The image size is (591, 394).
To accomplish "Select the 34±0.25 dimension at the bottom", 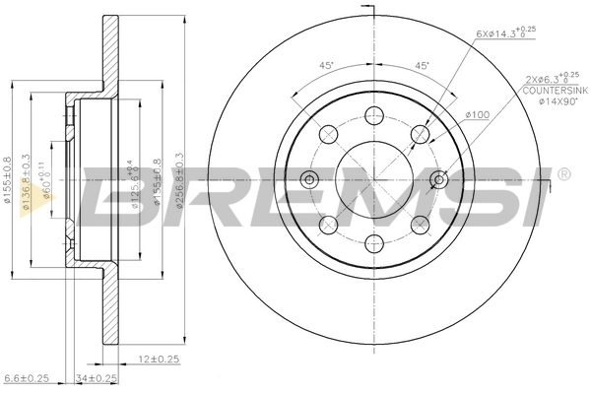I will coord(96,377).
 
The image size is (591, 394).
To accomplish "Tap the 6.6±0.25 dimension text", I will coord(27,377).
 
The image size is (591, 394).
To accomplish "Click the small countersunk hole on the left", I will coord(309,178).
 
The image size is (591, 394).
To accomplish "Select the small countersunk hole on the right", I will coord(439,178).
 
